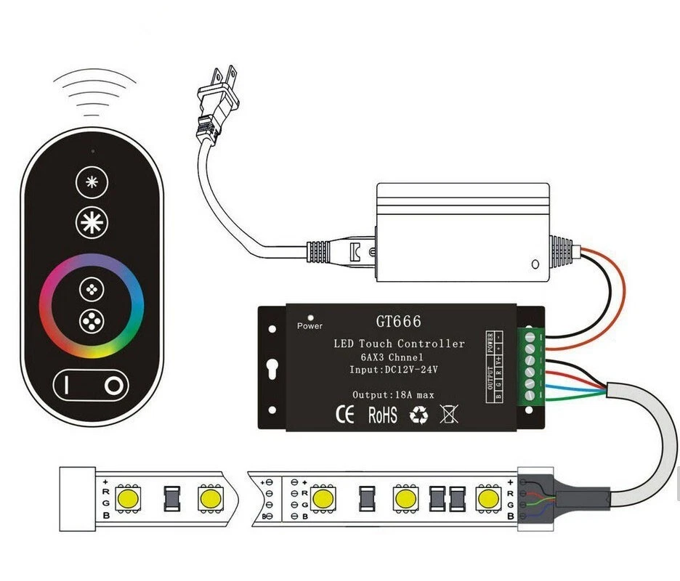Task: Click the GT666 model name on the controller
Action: click(398, 322)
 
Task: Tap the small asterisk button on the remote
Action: click(92, 182)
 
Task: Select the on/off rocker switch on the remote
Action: click(92, 384)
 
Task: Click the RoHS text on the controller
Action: click(382, 415)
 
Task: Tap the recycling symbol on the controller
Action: click(419, 415)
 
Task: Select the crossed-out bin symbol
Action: click(450, 415)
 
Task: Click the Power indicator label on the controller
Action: click(310, 326)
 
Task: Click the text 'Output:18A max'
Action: click(394, 394)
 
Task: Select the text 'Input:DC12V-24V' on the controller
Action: click(394, 370)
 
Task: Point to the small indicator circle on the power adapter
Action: click(535, 264)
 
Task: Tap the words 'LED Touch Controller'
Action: click(398, 344)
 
